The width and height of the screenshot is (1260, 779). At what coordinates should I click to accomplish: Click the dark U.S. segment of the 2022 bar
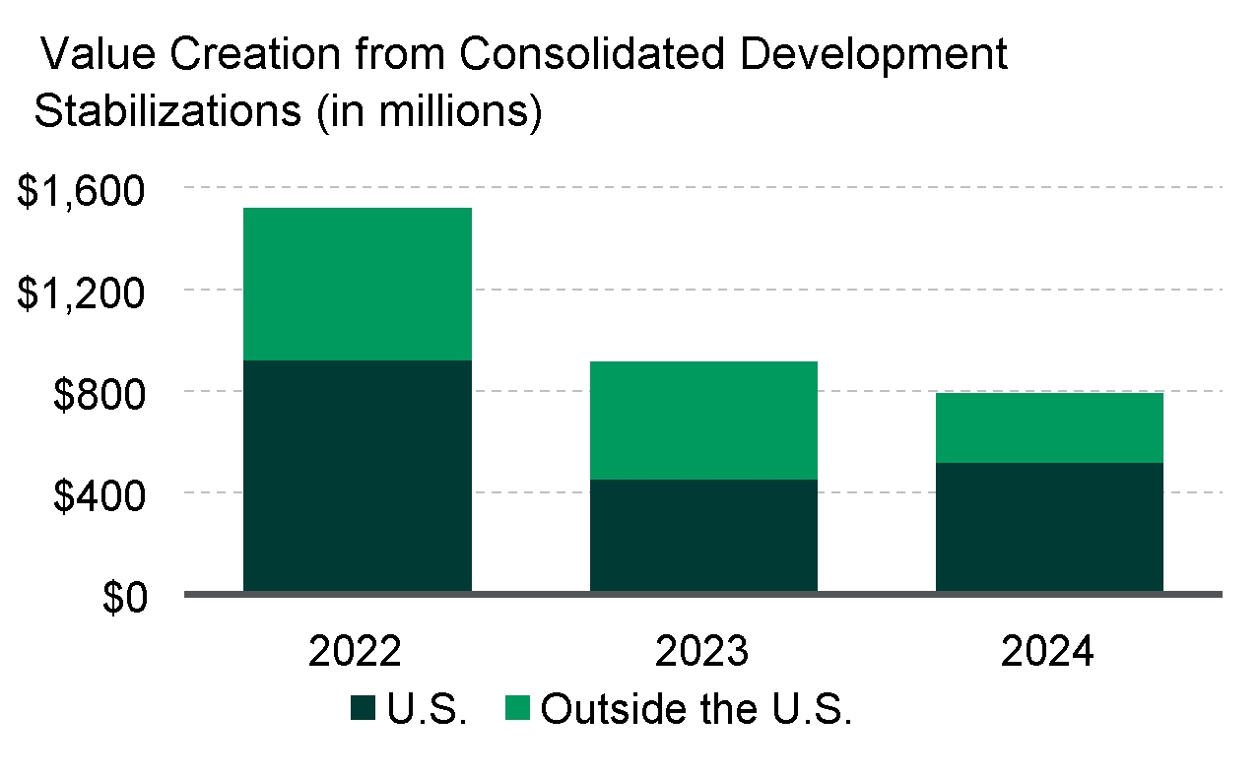coord(357,476)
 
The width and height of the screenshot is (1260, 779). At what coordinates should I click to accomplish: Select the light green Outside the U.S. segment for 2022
coord(357,284)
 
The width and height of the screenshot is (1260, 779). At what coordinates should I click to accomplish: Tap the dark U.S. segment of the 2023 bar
coord(703,535)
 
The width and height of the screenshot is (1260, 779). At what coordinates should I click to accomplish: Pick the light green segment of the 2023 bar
coord(703,421)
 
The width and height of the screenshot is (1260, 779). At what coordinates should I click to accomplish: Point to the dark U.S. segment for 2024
coord(1049,527)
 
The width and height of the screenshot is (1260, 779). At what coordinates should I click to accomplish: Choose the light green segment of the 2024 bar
coord(1049,427)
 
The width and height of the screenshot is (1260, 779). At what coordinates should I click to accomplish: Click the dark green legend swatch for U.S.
coord(362,707)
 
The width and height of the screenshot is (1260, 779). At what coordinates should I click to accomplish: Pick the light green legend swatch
coord(518,707)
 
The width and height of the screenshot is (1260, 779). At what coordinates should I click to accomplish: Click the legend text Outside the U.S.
coord(696,708)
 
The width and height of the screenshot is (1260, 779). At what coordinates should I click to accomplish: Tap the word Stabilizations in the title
coord(167,110)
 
